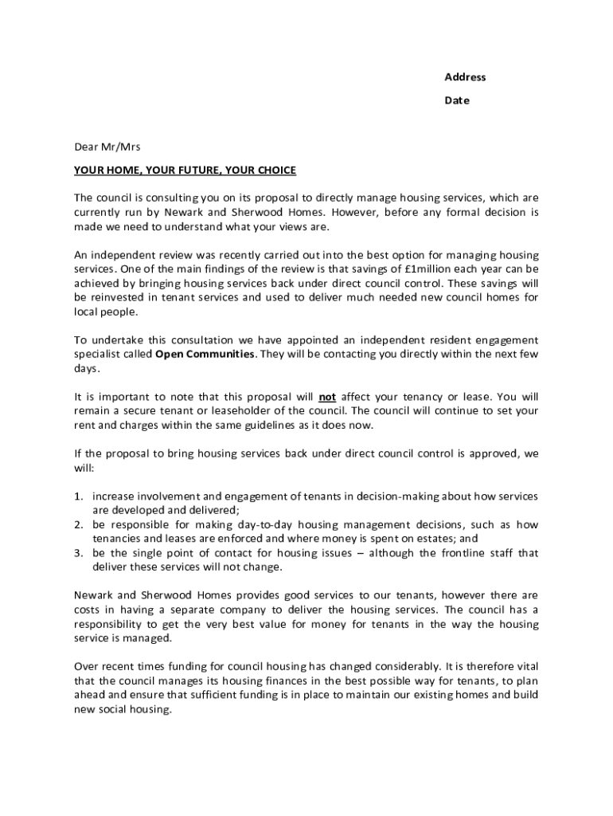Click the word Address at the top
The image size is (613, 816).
(x=465, y=77)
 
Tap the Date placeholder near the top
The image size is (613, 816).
(x=457, y=100)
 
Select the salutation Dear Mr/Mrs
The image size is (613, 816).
(x=107, y=147)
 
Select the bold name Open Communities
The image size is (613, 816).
(x=204, y=354)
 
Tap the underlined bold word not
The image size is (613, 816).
(x=327, y=397)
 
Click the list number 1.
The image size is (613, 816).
(x=79, y=496)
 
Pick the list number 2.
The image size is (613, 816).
(x=79, y=525)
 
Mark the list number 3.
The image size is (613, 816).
(x=79, y=553)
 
